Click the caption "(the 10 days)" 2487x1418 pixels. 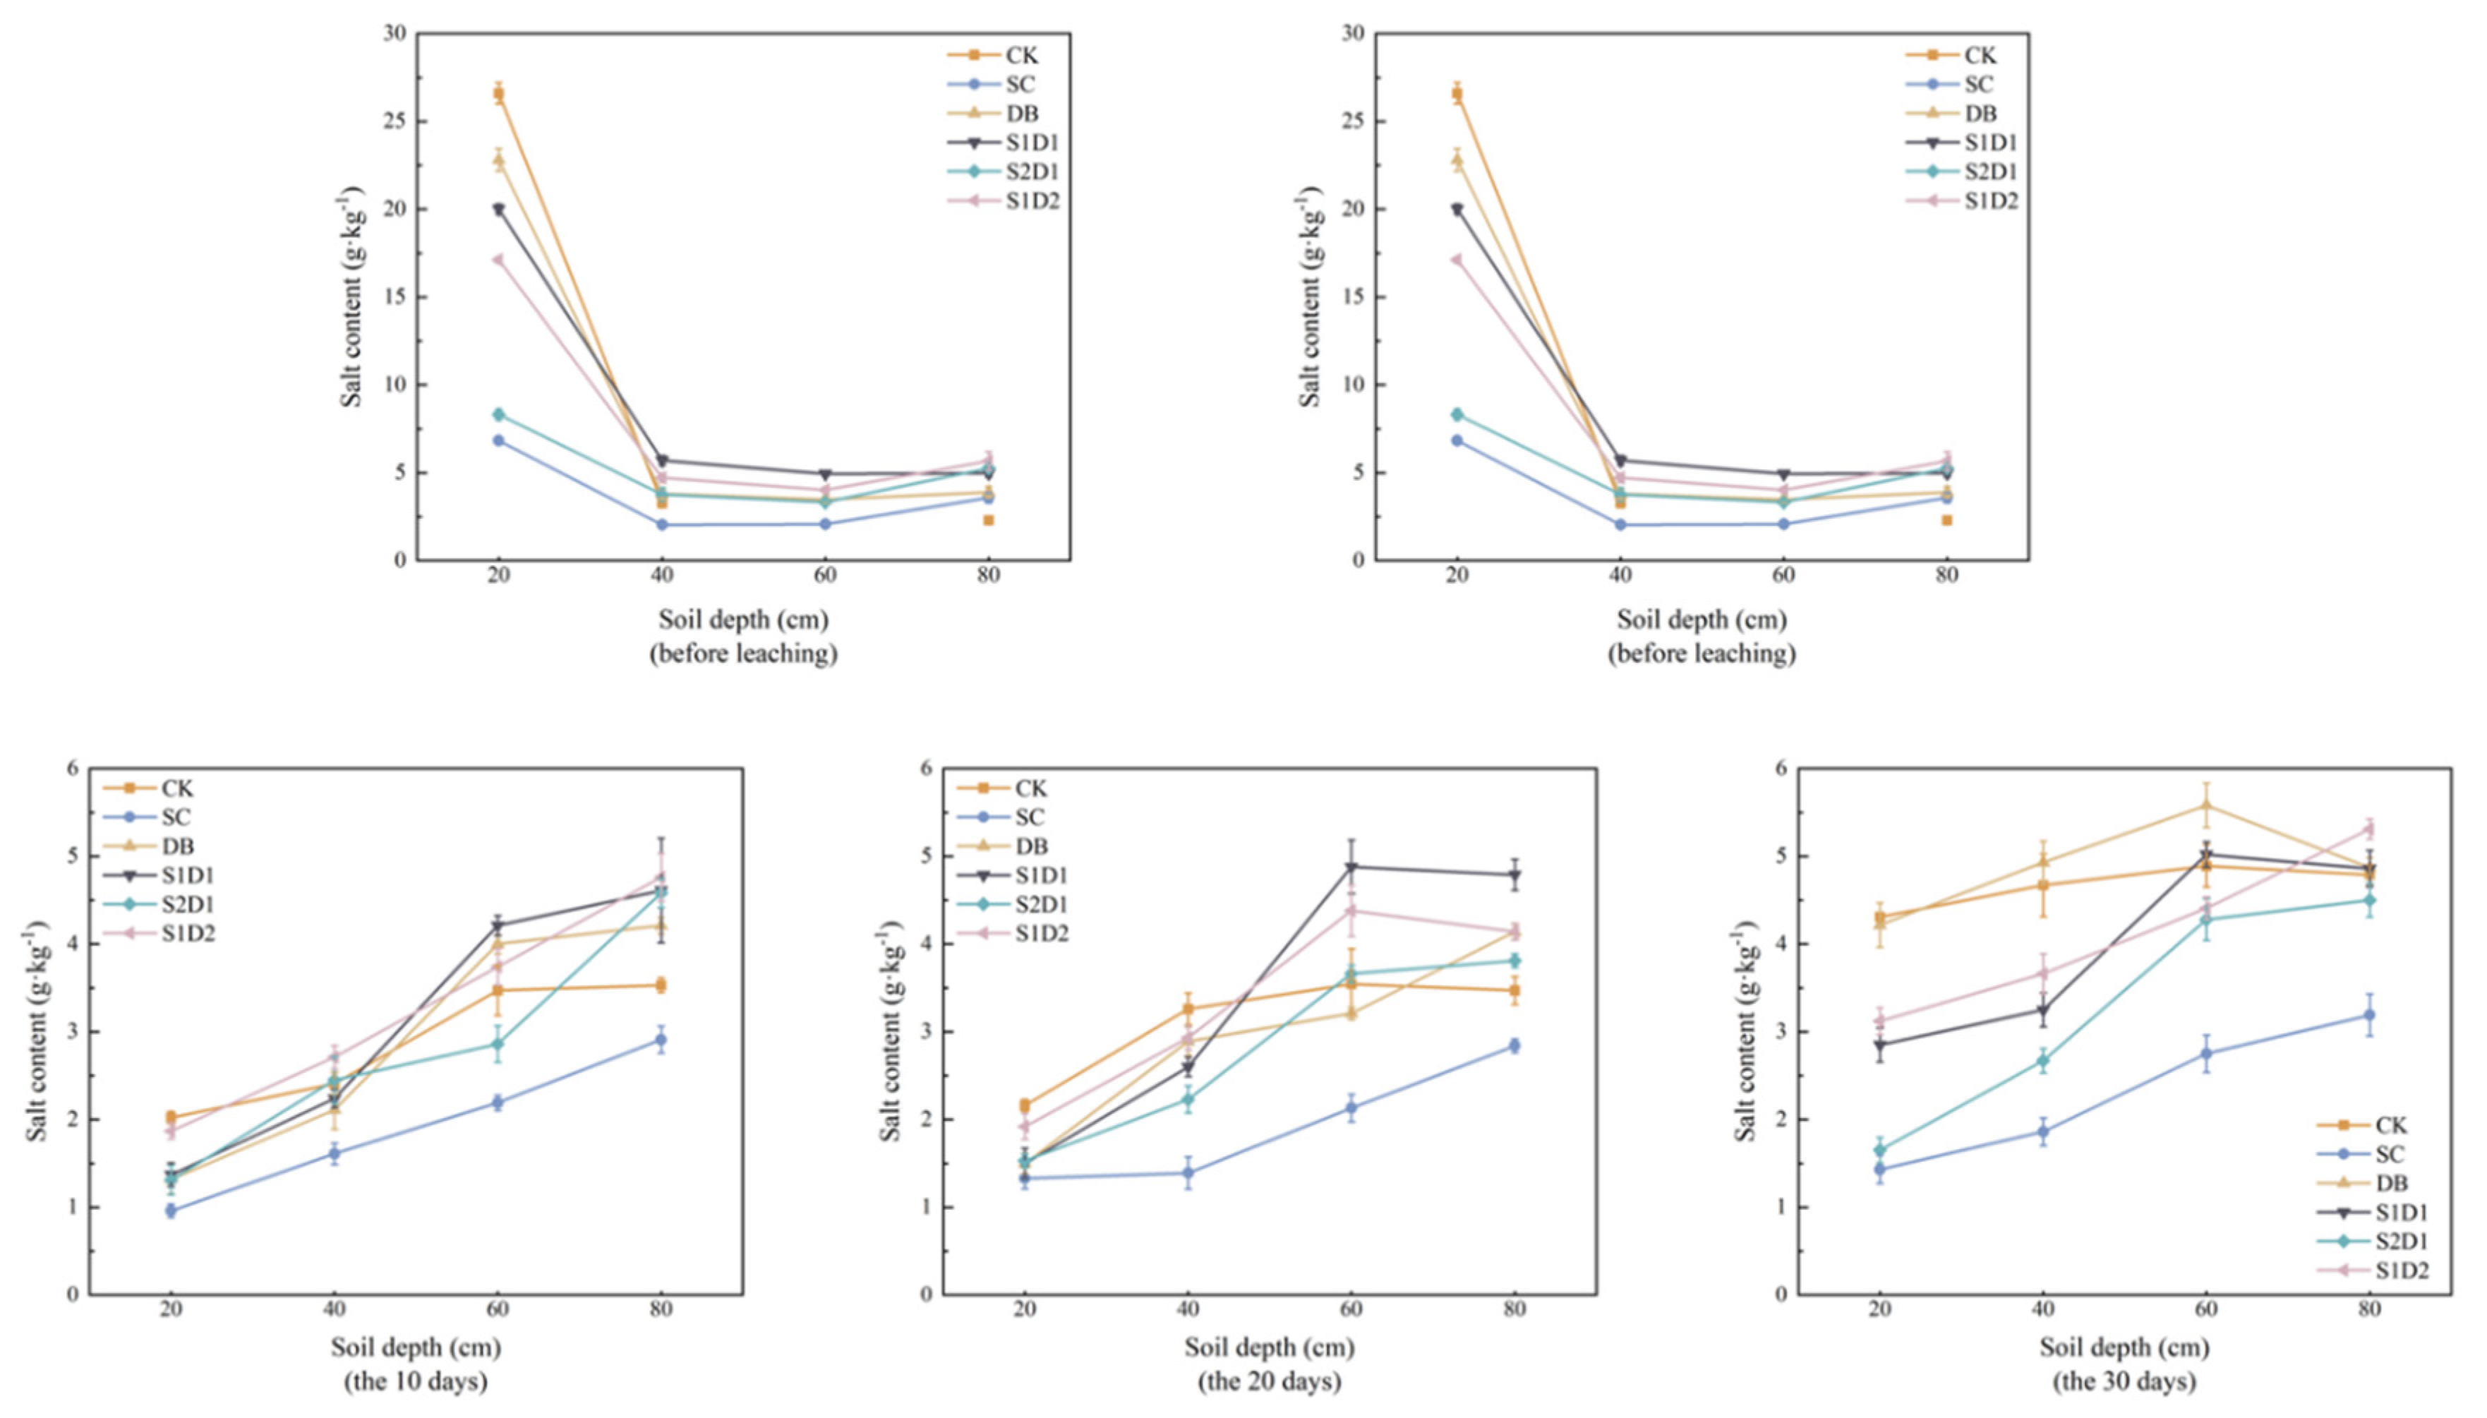coord(415,1381)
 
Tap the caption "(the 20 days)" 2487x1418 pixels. coord(1269,1381)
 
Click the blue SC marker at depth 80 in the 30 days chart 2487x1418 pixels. coord(2369,1015)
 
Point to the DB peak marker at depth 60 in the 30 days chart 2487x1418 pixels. coord(2207,805)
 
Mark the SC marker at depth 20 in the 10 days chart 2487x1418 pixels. coord(170,1210)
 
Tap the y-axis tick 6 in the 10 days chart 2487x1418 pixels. coord(72,769)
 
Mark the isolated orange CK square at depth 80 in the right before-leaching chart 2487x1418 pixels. coord(1946,520)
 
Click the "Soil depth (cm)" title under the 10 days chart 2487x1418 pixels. coord(416,1348)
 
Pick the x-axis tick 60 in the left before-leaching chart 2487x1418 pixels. coord(825,575)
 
